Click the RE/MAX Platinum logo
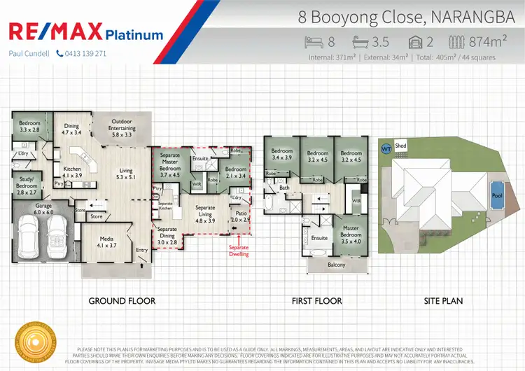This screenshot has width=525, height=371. pyautogui.click(x=85, y=32)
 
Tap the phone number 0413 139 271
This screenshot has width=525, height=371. pyautogui.click(x=80, y=54)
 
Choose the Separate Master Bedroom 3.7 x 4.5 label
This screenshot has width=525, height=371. pyautogui.click(x=170, y=165)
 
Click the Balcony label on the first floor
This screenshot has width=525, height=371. pyautogui.click(x=336, y=265)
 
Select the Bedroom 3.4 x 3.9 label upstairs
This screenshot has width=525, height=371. pyautogui.click(x=282, y=155)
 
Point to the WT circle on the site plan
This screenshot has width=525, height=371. pyautogui.click(x=385, y=149)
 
